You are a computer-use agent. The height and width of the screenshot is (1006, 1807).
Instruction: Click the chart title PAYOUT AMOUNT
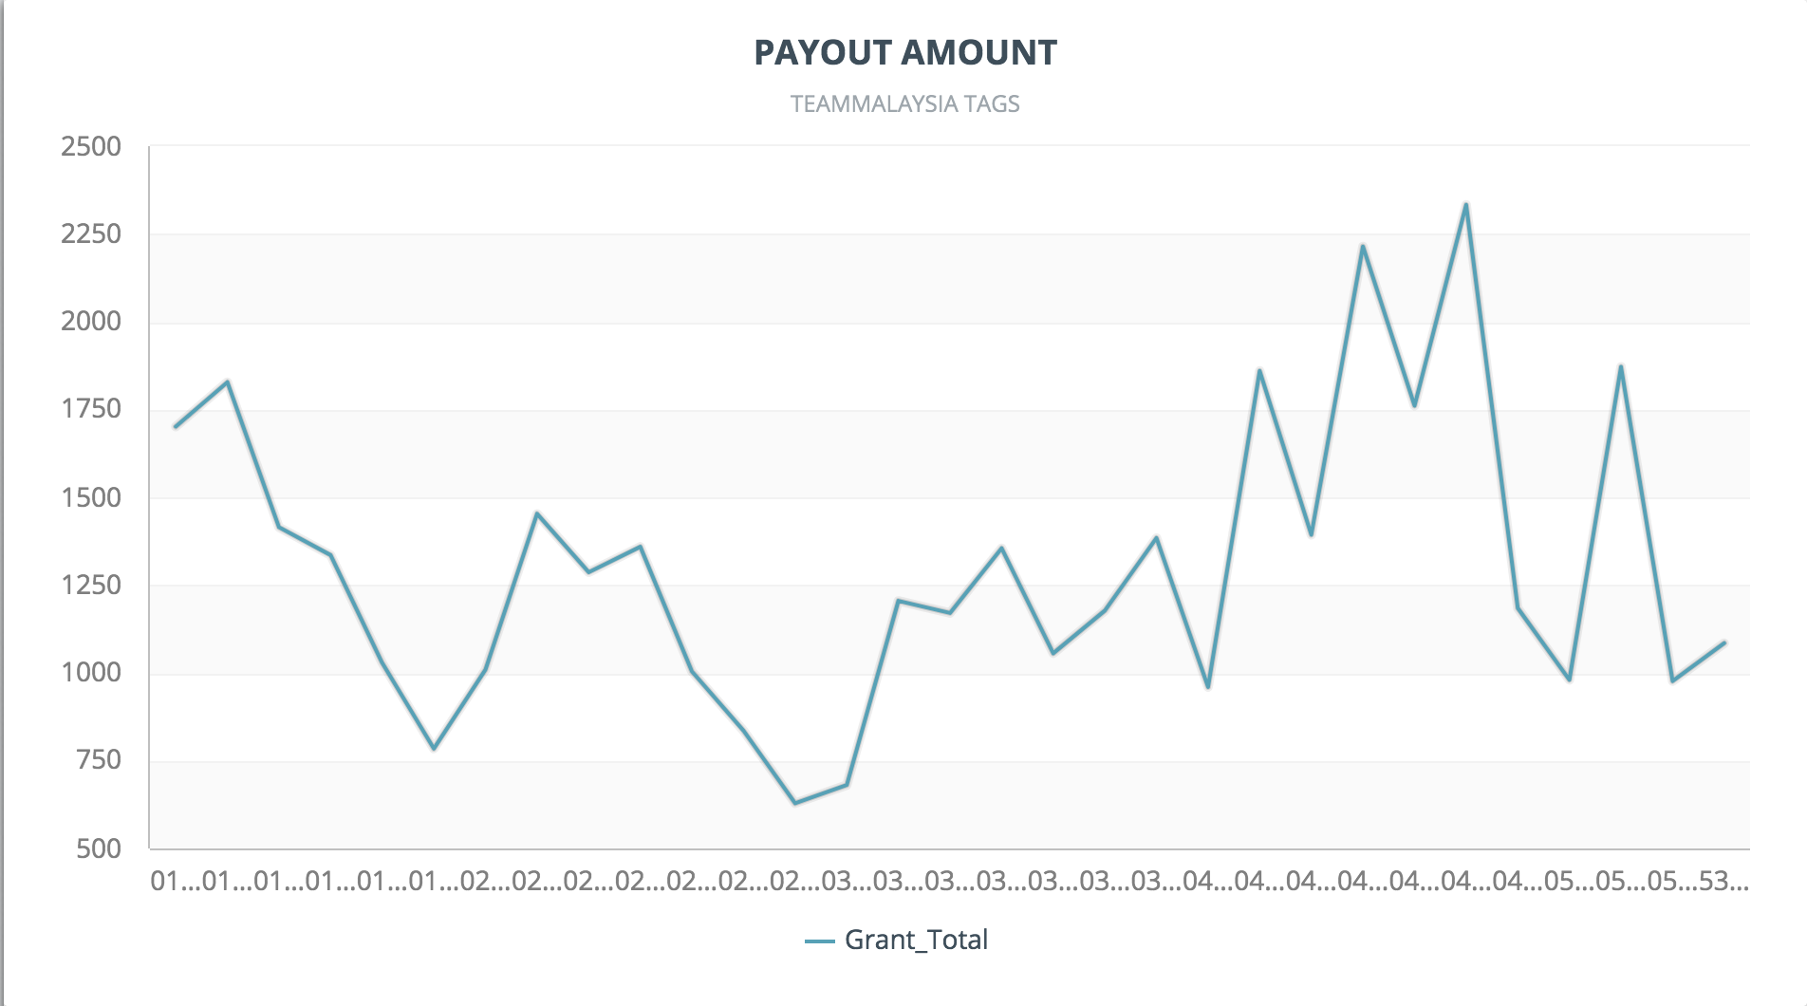click(x=904, y=53)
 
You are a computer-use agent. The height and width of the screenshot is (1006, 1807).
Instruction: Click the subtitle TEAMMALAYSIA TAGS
click(x=904, y=104)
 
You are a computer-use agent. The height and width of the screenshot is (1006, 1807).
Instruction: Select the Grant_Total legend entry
click(x=897, y=940)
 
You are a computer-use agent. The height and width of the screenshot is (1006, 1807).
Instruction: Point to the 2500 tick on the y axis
click(x=91, y=147)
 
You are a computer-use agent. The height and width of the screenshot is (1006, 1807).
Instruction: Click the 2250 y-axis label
click(x=91, y=234)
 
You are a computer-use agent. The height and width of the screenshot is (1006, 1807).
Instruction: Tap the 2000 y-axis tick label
click(x=91, y=322)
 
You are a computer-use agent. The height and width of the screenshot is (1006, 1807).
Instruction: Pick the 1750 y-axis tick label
click(x=91, y=409)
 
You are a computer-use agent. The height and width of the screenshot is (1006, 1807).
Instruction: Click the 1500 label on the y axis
click(x=91, y=497)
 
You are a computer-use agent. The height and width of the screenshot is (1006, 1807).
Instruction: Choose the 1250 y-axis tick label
click(x=91, y=585)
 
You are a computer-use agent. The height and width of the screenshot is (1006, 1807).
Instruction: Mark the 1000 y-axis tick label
click(x=91, y=672)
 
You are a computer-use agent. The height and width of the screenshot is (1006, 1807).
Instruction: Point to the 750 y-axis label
click(x=99, y=759)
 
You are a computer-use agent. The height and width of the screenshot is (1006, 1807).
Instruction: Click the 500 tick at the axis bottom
click(x=99, y=848)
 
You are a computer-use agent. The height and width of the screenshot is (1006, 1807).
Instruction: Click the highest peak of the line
click(x=1466, y=204)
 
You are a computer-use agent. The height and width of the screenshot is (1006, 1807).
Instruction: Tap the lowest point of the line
click(x=795, y=803)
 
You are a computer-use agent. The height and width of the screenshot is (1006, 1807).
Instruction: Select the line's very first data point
click(x=176, y=427)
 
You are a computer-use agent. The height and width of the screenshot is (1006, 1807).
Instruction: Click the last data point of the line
click(x=1724, y=643)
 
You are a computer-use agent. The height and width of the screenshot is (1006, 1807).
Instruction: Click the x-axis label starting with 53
click(x=1722, y=882)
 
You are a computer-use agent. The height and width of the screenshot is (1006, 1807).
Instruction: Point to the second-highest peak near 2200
click(x=1363, y=246)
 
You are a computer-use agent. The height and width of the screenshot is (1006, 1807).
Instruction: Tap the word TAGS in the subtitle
click(x=992, y=104)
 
